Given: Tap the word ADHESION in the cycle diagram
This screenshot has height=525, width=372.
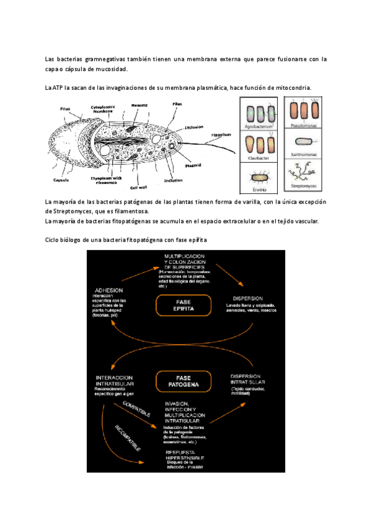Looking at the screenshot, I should coord(108,290).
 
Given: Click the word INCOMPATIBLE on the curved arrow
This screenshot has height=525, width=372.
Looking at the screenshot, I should coord(127,438).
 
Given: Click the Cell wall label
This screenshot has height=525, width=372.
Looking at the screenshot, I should coord(138,186).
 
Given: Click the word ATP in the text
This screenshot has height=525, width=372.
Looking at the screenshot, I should coord(60,88).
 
